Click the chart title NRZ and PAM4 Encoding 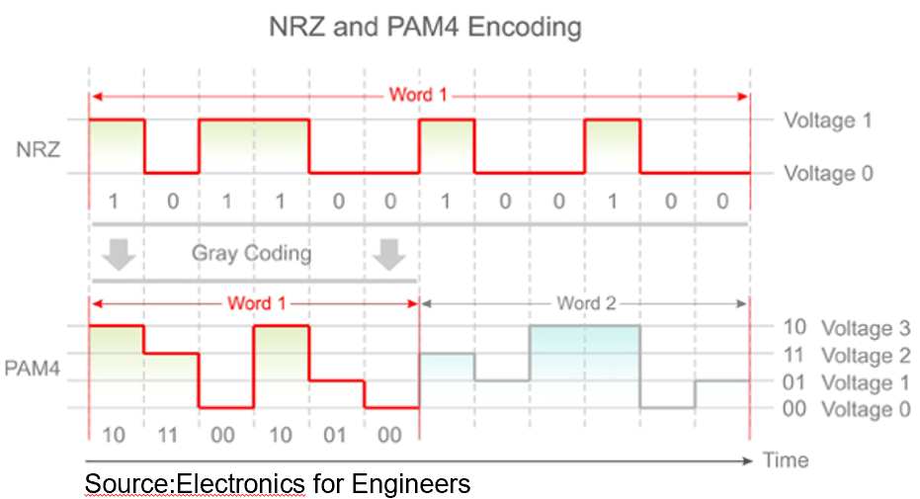425,27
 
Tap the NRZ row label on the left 39,149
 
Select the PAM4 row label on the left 33,369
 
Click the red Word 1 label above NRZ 418,95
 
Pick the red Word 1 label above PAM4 256,303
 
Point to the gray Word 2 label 586,303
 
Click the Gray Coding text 251,253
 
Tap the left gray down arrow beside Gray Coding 120,254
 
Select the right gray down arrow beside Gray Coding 389,254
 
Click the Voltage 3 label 866,328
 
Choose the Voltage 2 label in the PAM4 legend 866,356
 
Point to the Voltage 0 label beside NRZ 828,174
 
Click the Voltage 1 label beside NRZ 828,121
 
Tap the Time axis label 786,460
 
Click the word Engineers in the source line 411,484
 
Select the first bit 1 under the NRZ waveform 114,202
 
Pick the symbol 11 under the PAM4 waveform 168,435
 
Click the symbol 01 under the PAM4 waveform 334,435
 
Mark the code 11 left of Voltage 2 794,355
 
